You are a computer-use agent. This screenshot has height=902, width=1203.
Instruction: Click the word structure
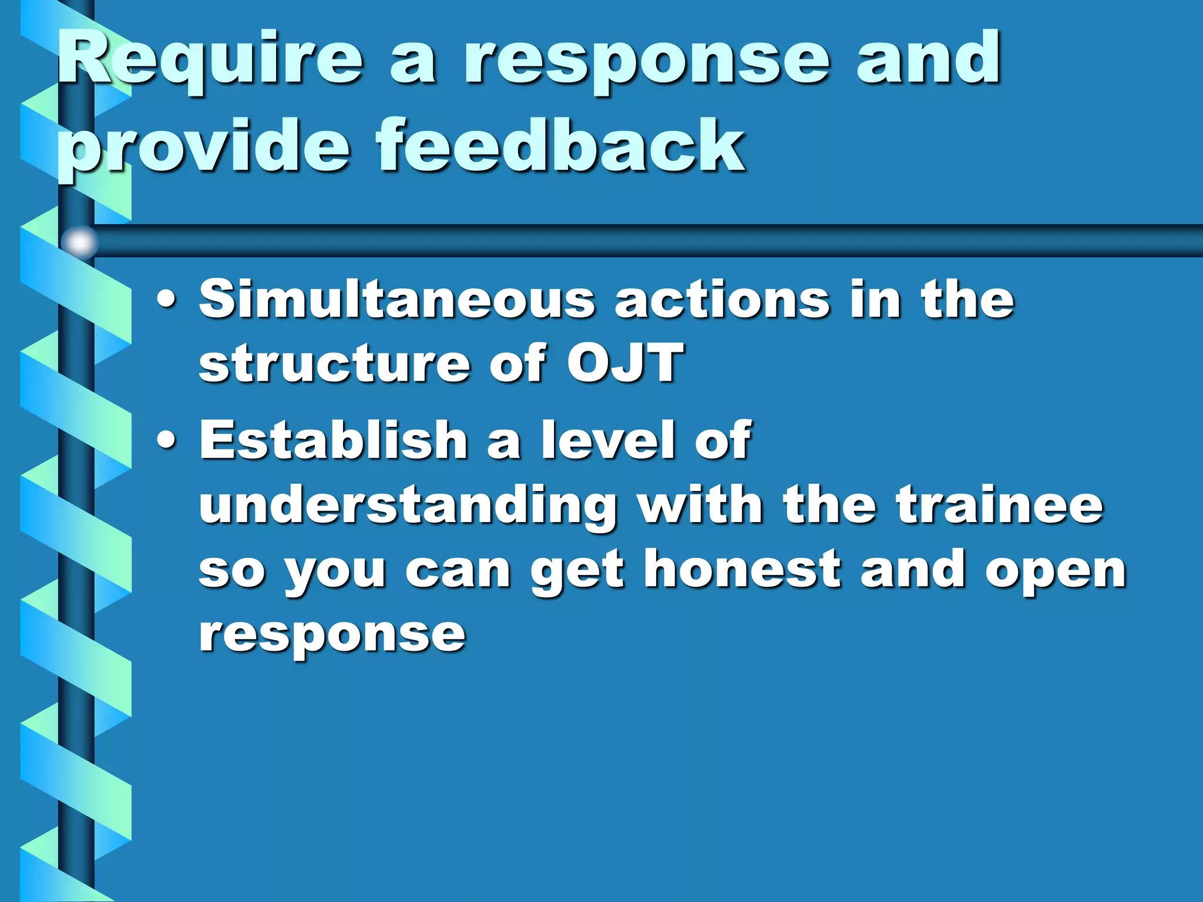[335, 364]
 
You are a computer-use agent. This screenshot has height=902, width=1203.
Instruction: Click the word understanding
[408, 506]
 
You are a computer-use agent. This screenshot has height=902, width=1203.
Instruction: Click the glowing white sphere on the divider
[79, 241]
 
